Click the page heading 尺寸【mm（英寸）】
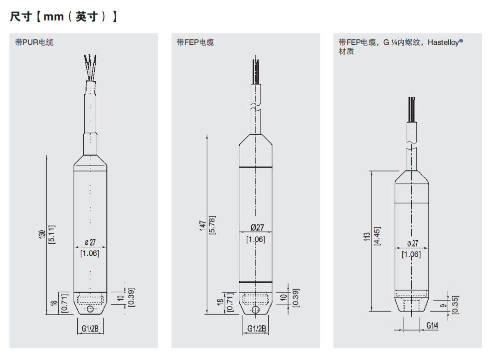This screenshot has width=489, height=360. click(x=64, y=17)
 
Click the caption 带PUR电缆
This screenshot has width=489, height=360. click(x=34, y=42)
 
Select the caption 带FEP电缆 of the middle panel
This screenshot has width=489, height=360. click(x=195, y=42)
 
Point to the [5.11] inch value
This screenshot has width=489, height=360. click(x=51, y=234)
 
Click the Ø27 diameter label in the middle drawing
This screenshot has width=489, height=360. click(x=256, y=227)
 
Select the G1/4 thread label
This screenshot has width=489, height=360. click(x=432, y=326)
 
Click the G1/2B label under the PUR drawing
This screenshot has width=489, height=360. click(x=90, y=329)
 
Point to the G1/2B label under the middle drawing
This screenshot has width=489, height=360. click(x=256, y=329)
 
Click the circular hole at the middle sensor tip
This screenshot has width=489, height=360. click(x=256, y=310)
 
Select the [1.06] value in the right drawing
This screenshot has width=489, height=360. click(x=411, y=254)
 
